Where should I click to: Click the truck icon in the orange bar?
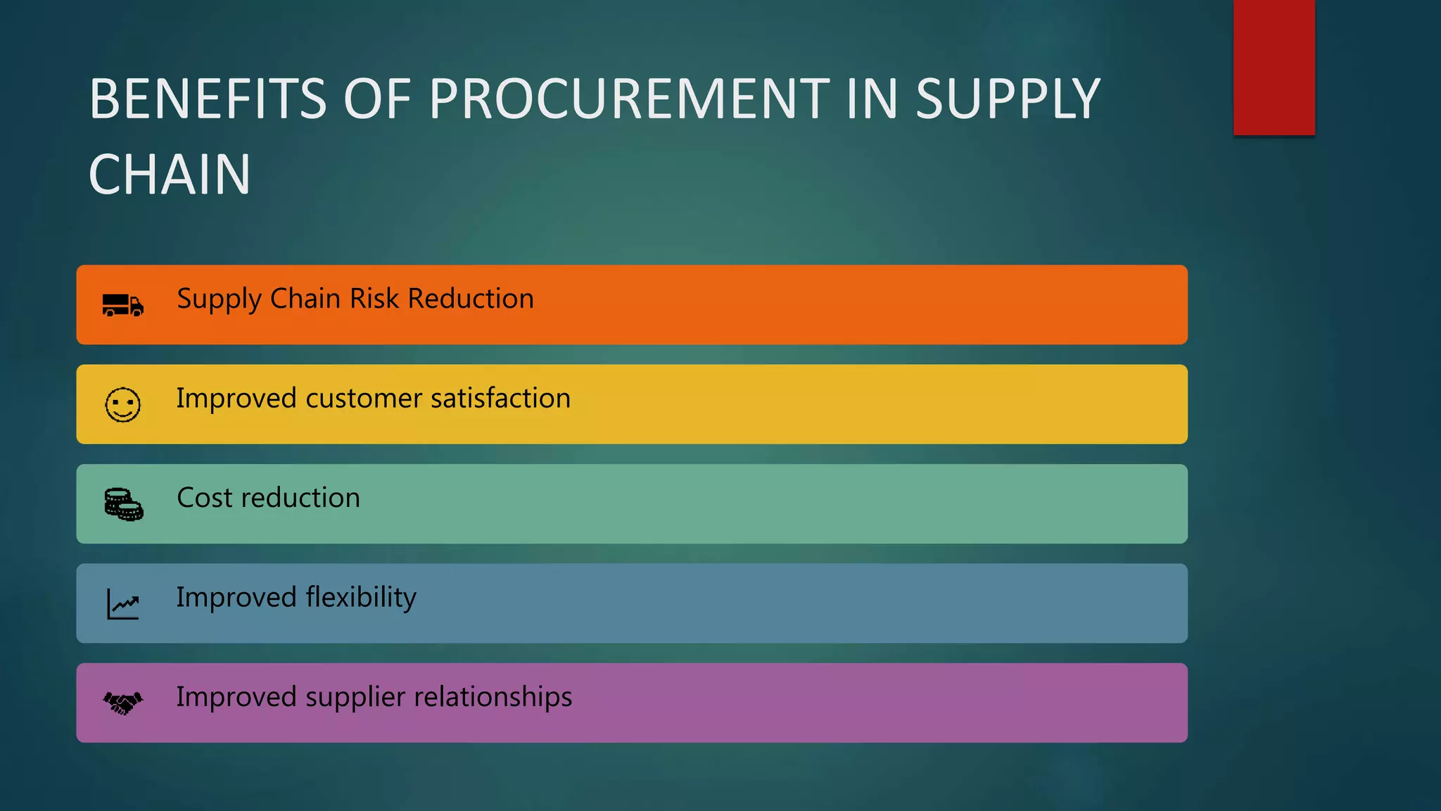(123, 306)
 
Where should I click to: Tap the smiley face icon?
(123, 405)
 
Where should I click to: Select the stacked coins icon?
(124, 504)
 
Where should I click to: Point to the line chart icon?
(123, 604)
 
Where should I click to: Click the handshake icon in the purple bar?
(123, 703)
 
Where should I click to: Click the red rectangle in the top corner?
(1274, 67)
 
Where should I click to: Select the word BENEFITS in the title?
(208, 99)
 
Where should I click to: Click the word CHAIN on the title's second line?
(170, 175)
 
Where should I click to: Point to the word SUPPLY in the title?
(1008, 99)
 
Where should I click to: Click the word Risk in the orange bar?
(374, 298)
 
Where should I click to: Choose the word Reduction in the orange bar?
(471, 298)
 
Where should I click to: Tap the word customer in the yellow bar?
(364, 398)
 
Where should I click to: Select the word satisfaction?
(500, 398)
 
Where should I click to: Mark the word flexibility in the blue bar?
(361, 598)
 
